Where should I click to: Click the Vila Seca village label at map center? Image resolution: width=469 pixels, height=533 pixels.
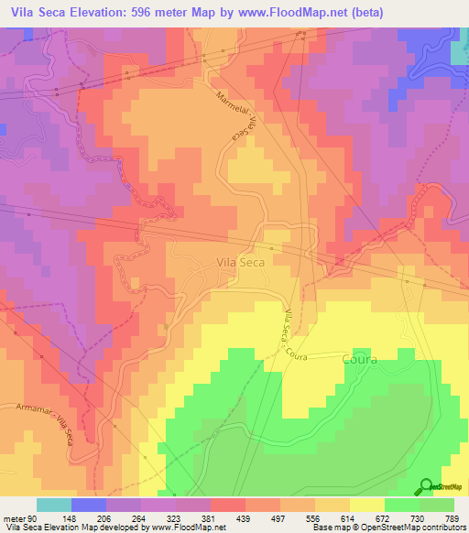[243, 262]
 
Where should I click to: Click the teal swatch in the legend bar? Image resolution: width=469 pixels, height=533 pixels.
[54, 505]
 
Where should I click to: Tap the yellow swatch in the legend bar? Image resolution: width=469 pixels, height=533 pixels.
[366, 505]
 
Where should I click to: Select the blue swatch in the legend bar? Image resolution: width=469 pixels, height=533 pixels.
[89, 505]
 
